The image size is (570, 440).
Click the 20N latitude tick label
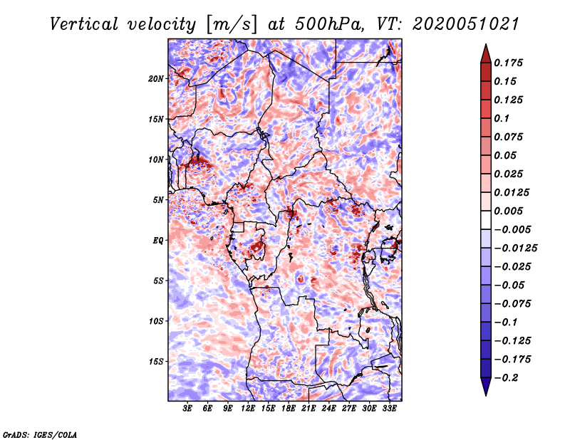[x=156, y=79]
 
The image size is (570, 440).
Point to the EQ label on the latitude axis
[x=158, y=241]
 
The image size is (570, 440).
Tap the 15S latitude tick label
[x=156, y=362]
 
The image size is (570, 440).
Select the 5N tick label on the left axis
[x=158, y=200]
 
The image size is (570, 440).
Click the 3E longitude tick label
[x=187, y=409]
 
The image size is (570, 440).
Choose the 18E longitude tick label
[x=289, y=409]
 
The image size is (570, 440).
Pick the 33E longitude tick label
[x=389, y=409]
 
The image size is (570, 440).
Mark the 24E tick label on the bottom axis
[x=328, y=409]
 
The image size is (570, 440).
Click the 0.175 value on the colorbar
[x=508, y=63]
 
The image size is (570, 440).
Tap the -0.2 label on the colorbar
[x=506, y=378]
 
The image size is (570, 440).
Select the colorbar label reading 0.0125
[x=512, y=192]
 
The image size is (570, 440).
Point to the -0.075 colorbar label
[x=512, y=304]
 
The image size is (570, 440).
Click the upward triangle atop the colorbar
[x=486, y=53]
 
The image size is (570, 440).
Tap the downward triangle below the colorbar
[x=486, y=387]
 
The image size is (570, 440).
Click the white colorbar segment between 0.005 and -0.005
[x=486, y=220]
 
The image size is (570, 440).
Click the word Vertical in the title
[x=84, y=24]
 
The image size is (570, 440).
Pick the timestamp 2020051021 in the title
[x=466, y=24]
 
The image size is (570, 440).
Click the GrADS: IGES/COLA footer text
[x=40, y=434]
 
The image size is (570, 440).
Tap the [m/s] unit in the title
[x=232, y=25]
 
